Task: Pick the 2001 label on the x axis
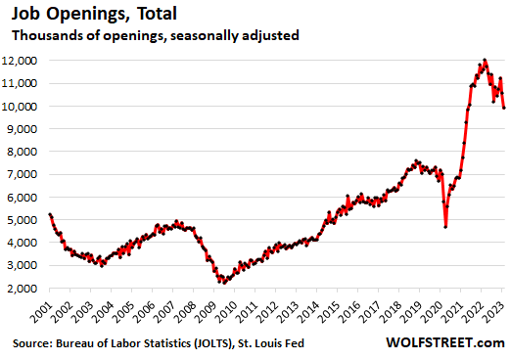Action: click(x=41, y=311)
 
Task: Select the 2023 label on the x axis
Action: click(x=498, y=311)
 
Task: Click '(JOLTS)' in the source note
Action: click(x=244, y=345)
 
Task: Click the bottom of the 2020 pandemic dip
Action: click(x=446, y=227)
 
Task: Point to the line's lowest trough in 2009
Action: click(x=223, y=283)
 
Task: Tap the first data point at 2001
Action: click(x=50, y=214)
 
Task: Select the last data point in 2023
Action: click(x=503, y=108)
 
